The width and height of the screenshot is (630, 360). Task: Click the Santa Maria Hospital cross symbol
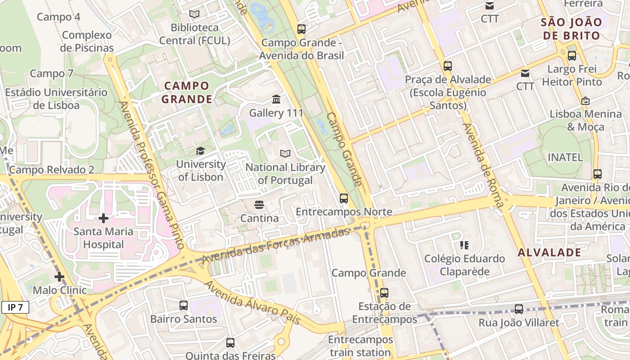pyautogui.click(x=103, y=218)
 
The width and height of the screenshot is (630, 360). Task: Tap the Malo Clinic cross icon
pyautogui.click(x=59, y=277)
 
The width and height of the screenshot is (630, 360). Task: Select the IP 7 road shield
pyautogui.click(x=15, y=307)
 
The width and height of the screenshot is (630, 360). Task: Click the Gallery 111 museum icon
pyautogui.click(x=276, y=99)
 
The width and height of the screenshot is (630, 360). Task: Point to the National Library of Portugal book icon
pyautogui.click(x=285, y=153)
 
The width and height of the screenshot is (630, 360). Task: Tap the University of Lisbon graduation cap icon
pyautogui.click(x=200, y=151)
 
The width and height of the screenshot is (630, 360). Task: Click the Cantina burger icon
pyautogui.click(x=259, y=205)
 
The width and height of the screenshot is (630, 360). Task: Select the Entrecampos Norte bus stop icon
pyautogui.click(x=344, y=198)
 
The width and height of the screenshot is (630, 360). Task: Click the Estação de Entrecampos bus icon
pyautogui.click(x=384, y=293)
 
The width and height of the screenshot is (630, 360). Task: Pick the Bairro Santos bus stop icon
pyautogui.click(x=184, y=306)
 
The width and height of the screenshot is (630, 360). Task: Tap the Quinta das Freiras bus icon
pyautogui.click(x=230, y=342)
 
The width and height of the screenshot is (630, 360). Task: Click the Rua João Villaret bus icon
pyautogui.click(x=519, y=309)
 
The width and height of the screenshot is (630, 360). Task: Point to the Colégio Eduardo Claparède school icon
pyautogui.click(x=464, y=245)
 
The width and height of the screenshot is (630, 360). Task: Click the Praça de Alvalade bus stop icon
pyautogui.click(x=448, y=66)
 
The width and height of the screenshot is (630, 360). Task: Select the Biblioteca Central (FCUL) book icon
pyautogui.click(x=194, y=14)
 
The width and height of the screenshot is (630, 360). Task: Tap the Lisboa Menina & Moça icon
pyautogui.click(x=585, y=101)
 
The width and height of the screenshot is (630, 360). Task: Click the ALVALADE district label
pyautogui.click(x=549, y=252)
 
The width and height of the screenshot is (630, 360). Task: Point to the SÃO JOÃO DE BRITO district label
pyautogui.click(x=571, y=29)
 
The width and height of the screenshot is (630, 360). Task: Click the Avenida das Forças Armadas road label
pyautogui.click(x=275, y=246)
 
